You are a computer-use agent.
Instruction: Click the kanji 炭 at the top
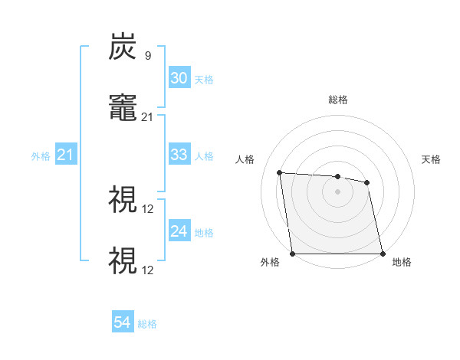point(123,48)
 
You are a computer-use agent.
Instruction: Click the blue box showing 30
point(179,78)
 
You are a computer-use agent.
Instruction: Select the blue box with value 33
point(179,155)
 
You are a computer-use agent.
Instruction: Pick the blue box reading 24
point(179,231)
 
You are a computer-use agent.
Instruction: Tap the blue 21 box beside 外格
point(65,155)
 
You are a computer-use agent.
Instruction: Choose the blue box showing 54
point(122,323)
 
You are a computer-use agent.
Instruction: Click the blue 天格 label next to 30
point(204,79)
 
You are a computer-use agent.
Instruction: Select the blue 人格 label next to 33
point(204,155)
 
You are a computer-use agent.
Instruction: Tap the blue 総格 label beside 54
point(147,324)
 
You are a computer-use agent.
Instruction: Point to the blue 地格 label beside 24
point(204,232)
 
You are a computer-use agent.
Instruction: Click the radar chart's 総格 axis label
point(338,100)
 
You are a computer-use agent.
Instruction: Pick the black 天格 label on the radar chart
point(432,159)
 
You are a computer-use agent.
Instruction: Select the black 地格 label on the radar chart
point(402,263)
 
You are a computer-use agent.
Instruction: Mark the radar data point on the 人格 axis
point(280,172)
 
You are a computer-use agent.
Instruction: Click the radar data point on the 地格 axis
point(383,254)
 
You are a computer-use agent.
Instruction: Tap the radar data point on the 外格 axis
point(293,254)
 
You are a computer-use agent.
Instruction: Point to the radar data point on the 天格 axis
point(367,182)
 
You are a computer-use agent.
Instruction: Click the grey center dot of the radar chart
point(338,191)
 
